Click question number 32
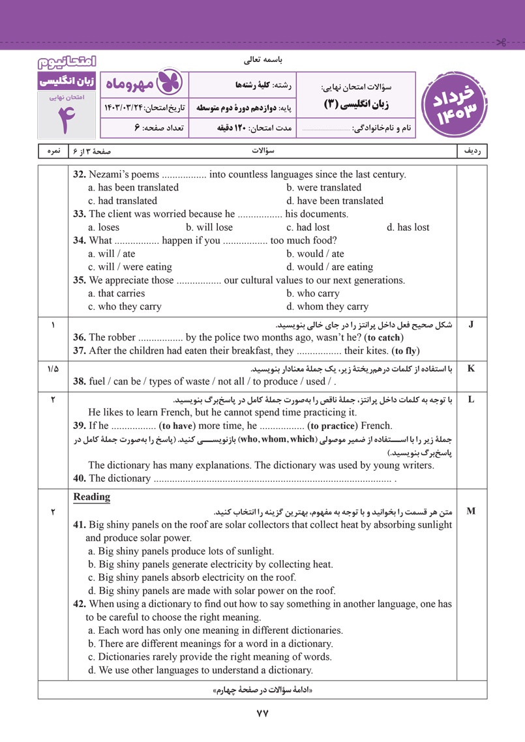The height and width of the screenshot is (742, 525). (80, 174)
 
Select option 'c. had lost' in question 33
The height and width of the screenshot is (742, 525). (308, 228)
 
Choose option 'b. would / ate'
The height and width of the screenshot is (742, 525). (315, 254)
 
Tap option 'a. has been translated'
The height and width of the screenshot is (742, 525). (133, 187)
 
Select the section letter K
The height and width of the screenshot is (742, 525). (471, 368)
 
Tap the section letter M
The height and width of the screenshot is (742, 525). (471, 511)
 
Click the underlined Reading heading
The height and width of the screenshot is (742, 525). (92, 497)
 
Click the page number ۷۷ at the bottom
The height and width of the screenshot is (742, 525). (262, 713)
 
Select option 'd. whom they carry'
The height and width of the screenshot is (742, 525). (327, 306)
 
